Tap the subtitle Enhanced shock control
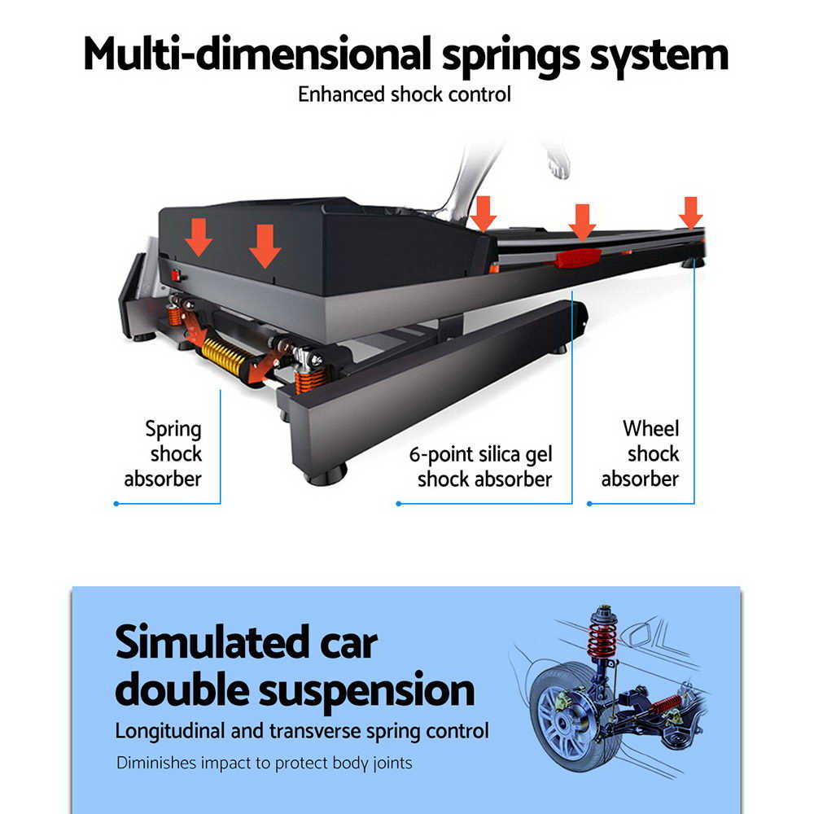pos(405,94)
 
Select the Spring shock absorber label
pos(163,453)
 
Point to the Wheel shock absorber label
pos(641,453)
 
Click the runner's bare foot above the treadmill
pos(558,164)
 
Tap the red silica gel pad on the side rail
pos(577,258)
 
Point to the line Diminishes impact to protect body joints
pos(264,764)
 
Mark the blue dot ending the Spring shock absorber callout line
pos(116,504)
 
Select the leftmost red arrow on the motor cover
pos(198,236)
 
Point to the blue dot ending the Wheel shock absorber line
pos(589,504)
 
